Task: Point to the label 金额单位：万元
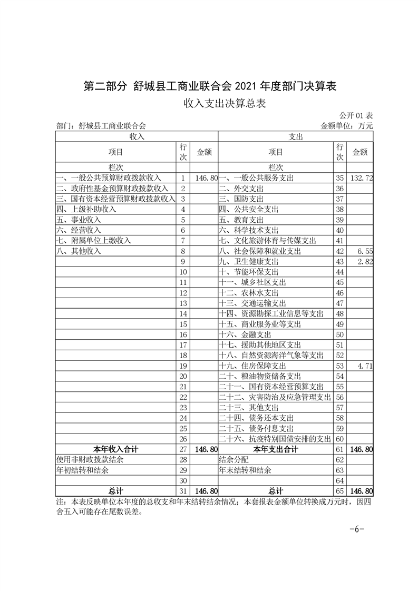pos(346,126)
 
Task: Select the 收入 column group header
pos(137,136)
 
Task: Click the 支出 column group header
pos(296,136)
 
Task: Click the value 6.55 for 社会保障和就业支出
pos(365,251)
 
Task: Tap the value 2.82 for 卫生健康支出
pos(365,262)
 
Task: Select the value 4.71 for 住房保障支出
pos(365,366)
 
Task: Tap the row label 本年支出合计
pos(275,449)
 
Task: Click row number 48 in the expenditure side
pos(339,313)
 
